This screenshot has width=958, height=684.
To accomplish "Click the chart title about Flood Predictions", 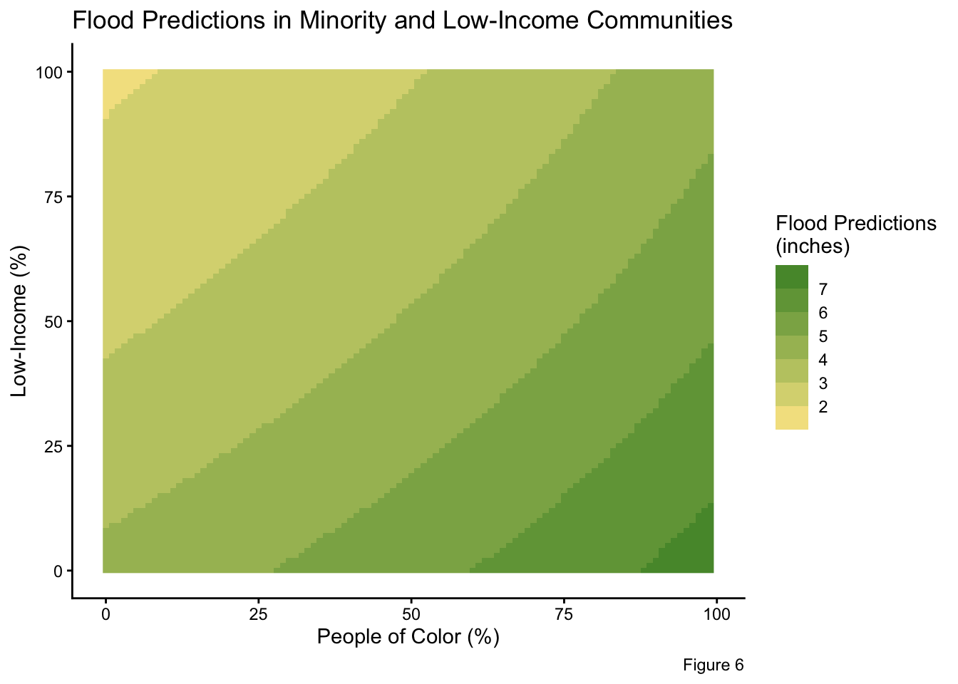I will pos(402,21).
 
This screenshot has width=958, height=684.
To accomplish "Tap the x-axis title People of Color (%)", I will pos(408,636).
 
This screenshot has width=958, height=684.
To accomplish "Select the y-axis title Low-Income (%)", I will pos(20,321).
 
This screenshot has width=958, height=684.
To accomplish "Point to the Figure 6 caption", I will pos(713,665).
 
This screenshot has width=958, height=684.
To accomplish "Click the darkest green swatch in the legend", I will pos(792,276).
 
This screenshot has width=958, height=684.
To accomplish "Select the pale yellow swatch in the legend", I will pos(792,418).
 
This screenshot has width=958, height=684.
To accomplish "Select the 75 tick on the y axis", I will pos(54,197).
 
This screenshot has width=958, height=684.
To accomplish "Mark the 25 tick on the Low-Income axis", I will pos(54,446).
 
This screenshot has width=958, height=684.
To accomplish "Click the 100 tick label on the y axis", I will pos(50,72).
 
